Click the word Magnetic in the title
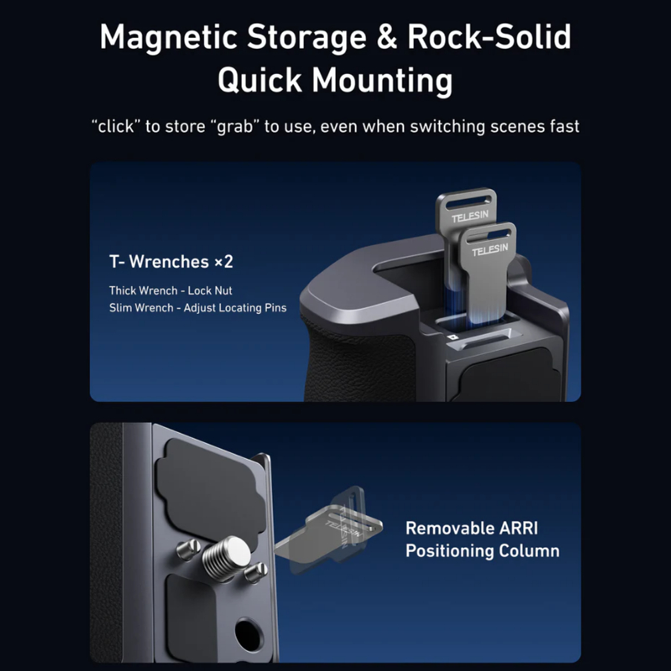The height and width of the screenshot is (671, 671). pos(169,38)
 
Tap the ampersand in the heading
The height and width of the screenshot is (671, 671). pos(387,37)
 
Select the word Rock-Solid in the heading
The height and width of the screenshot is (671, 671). pos(489,36)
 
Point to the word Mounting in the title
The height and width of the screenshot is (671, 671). pos(382,81)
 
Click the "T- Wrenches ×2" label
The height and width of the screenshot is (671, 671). pos(171,262)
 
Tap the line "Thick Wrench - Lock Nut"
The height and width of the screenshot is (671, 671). pos(170,290)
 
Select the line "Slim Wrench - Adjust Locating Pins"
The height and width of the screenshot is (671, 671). pos(198,308)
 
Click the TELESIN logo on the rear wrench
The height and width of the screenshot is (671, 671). pos(470,216)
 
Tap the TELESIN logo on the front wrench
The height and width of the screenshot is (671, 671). pos(490,250)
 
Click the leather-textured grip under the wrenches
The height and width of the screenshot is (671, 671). pos(358,360)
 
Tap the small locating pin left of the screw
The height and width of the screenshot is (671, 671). pos(188,549)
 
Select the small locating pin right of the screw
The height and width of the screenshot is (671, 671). pos(256,573)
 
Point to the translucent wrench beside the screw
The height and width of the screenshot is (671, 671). pos(329,531)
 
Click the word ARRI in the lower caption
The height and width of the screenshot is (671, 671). pos(518,528)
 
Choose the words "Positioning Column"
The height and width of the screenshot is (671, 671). pos(482,551)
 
